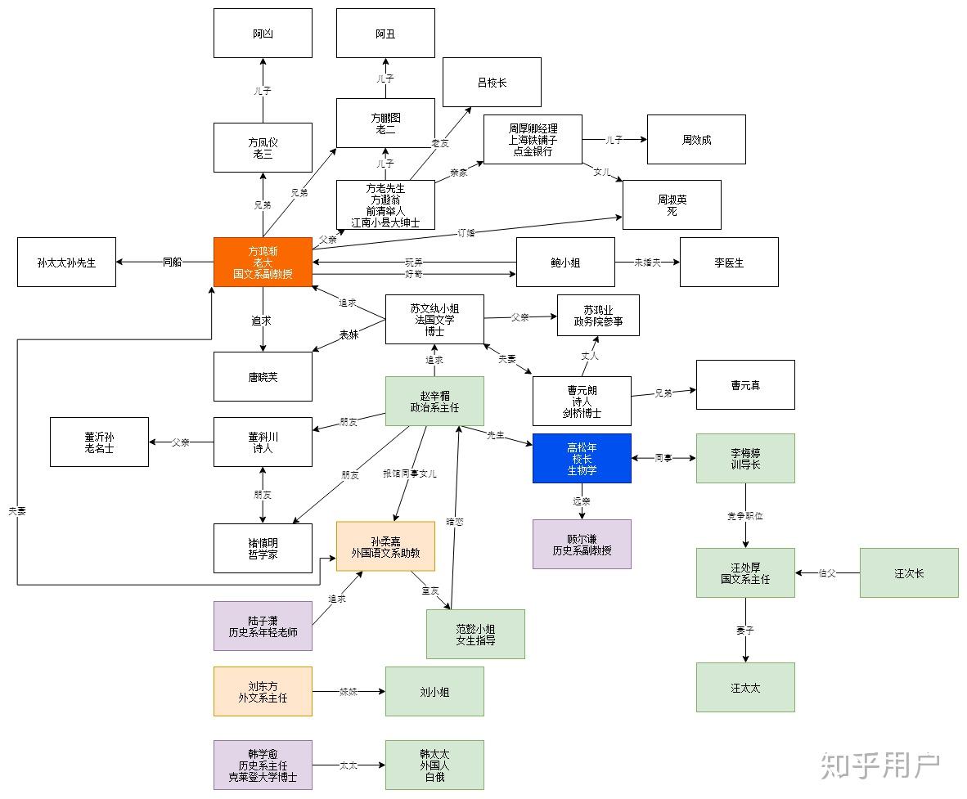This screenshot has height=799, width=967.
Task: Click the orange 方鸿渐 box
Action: click(263, 262)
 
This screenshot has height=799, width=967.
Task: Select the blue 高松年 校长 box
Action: click(582, 458)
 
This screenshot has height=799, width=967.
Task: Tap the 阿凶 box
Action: click(263, 34)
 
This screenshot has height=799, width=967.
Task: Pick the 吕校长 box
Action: click(492, 82)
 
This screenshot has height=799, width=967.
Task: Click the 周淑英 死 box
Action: click(672, 204)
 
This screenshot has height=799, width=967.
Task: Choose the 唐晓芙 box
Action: click(263, 376)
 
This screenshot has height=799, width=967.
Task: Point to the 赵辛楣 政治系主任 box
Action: click(434, 401)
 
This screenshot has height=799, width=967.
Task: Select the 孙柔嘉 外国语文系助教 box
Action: click(385, 546)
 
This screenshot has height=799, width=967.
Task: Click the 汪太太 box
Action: click(745, 687)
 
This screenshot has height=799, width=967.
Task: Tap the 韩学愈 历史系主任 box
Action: click(263, 765)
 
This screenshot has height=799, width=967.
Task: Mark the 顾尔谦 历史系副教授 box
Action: click(582, 544)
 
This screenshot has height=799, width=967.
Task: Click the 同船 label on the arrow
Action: click(172, 262)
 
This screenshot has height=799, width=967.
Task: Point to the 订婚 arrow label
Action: click(466, 233)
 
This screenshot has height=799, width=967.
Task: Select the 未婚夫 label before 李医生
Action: click(647, 262)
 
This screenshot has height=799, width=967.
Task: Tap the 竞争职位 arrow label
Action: click(745, 516)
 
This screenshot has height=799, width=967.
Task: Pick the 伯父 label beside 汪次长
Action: click(827, 572)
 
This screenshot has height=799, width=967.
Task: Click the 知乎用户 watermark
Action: click(879, 765)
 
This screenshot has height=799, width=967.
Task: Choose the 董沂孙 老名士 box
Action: click(99, 442)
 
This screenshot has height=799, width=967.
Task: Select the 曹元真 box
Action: click(745, 384)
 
